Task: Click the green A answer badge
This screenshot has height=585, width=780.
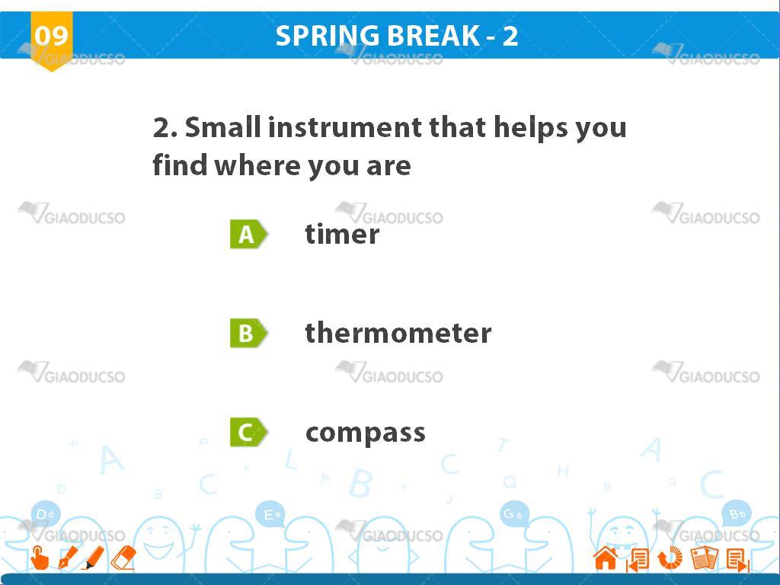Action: (x=248, y=234)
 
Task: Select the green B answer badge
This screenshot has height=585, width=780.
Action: (x=248, y=333)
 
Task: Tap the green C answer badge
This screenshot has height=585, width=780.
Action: (x=248, y=432)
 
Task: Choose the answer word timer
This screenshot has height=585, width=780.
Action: (x=342, y=234)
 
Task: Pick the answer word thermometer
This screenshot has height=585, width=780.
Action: (x=398, y=332)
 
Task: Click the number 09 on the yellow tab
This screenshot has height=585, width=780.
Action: (x=51, y=36)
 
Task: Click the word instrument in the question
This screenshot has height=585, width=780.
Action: (x=345, y=127)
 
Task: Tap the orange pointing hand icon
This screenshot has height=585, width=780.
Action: (x=40, y=557)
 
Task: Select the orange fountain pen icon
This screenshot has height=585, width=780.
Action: (x=68, y=558)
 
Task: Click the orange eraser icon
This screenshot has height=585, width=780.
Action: (x=123, y=558)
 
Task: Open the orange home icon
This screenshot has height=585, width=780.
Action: (x=606, y=558)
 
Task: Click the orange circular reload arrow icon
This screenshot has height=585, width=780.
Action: (x=670, y=558)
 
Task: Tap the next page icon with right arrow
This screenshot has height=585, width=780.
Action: (x=737, y=560)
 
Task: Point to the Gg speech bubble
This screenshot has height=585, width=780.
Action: (x=514, y=514)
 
